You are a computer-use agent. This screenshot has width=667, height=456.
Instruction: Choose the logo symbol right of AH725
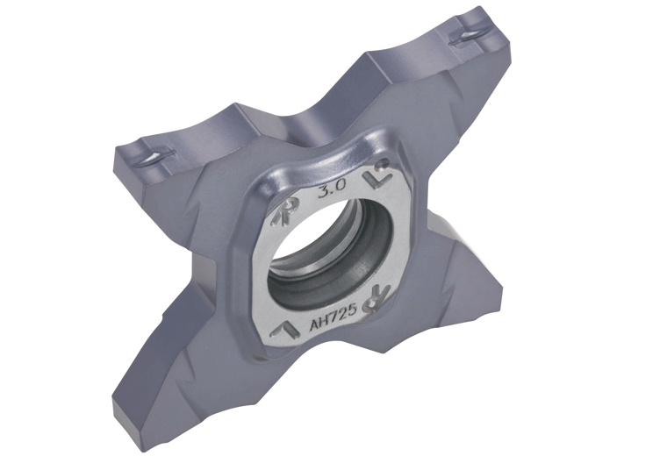pos(378,296)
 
